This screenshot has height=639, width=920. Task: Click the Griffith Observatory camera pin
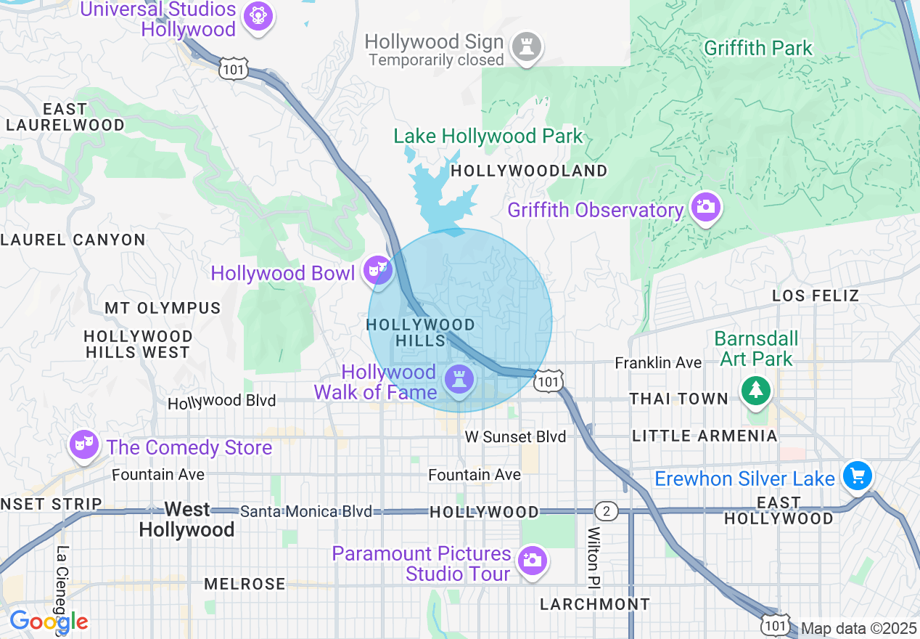pyautogui.click(x=705, y=208)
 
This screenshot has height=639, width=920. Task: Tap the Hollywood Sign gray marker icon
pyautogui.click(x=527, y=47)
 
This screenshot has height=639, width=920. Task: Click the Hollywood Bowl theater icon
pyautogui.click(x=377, y=270)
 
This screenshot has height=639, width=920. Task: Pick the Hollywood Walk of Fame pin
pyautogui.click(x=459, y=380)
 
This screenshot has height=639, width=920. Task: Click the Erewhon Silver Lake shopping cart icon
pyautogui.click(x=857, y=476)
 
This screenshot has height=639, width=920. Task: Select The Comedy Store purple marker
pyautogui.click(x=85, y=444)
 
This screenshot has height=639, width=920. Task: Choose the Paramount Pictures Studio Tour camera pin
pyautogui.click(x=532, y=561)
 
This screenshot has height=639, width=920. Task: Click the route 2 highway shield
pyautogui.click(x=607, y=511)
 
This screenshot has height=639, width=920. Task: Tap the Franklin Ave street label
pyautogui.click(x=658, y=362)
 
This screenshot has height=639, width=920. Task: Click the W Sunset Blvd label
pyautogui.click(x=515, y=436)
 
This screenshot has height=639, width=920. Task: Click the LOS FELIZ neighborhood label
pyautogui.click(x=816, y=296)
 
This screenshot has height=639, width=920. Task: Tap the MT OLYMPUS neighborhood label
pyautogui.click(x=163, y=308)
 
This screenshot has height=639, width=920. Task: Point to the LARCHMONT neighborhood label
pyautogui.click(x=595, y=604)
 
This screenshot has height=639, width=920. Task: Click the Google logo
pyautogui.click(x=49, y=622)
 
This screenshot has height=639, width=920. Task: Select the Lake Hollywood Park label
pyautogui.click(x=488, y=136)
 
